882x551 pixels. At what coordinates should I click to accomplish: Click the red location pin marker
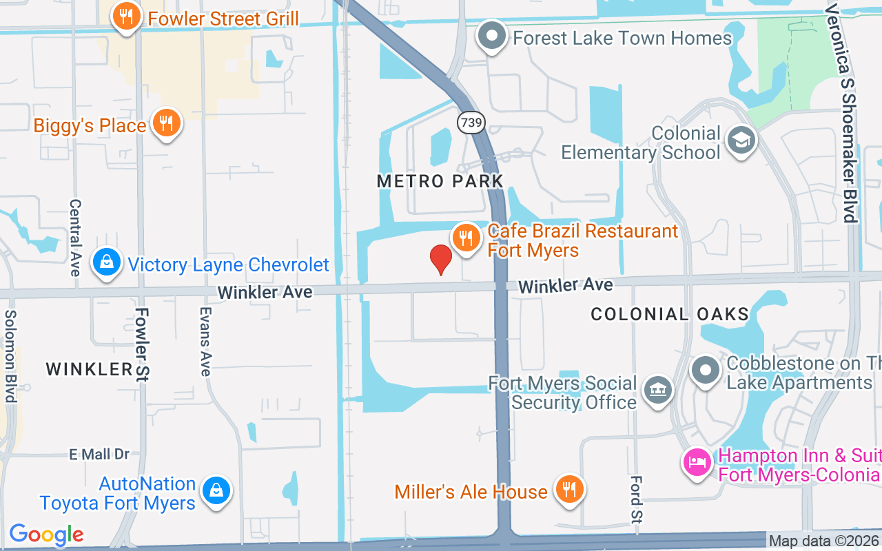(x=441, y=260)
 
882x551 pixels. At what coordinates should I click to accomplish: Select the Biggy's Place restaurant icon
(x=166, y=124)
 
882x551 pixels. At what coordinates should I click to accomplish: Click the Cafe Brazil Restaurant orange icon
(x=466, y=238)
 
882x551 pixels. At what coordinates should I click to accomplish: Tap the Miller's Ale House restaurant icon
(x=569, y=490)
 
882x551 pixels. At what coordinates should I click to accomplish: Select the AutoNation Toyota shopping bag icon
(x=216, y=490)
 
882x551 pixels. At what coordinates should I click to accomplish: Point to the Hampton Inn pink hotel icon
(x=697, y=461)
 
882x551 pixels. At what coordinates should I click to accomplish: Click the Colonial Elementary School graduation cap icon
(x=741, y=141)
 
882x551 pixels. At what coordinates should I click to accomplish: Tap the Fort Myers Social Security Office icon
(x=657, y=391)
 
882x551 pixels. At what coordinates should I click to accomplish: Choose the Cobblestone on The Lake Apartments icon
(x=706, y=371)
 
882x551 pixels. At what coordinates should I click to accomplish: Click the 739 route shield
(x=471, y=123)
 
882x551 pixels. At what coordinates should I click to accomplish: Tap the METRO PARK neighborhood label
(x=440, y=181)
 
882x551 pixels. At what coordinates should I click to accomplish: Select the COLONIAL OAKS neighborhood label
(x=670, y=315)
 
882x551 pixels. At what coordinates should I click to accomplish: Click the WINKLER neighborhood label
(x=89, y=369)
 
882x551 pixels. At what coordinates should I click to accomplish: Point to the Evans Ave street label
(x=205, y=341)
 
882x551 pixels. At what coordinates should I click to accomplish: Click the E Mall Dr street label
(x=99, y=454)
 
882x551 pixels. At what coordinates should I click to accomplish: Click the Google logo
(x=46, y=534)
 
